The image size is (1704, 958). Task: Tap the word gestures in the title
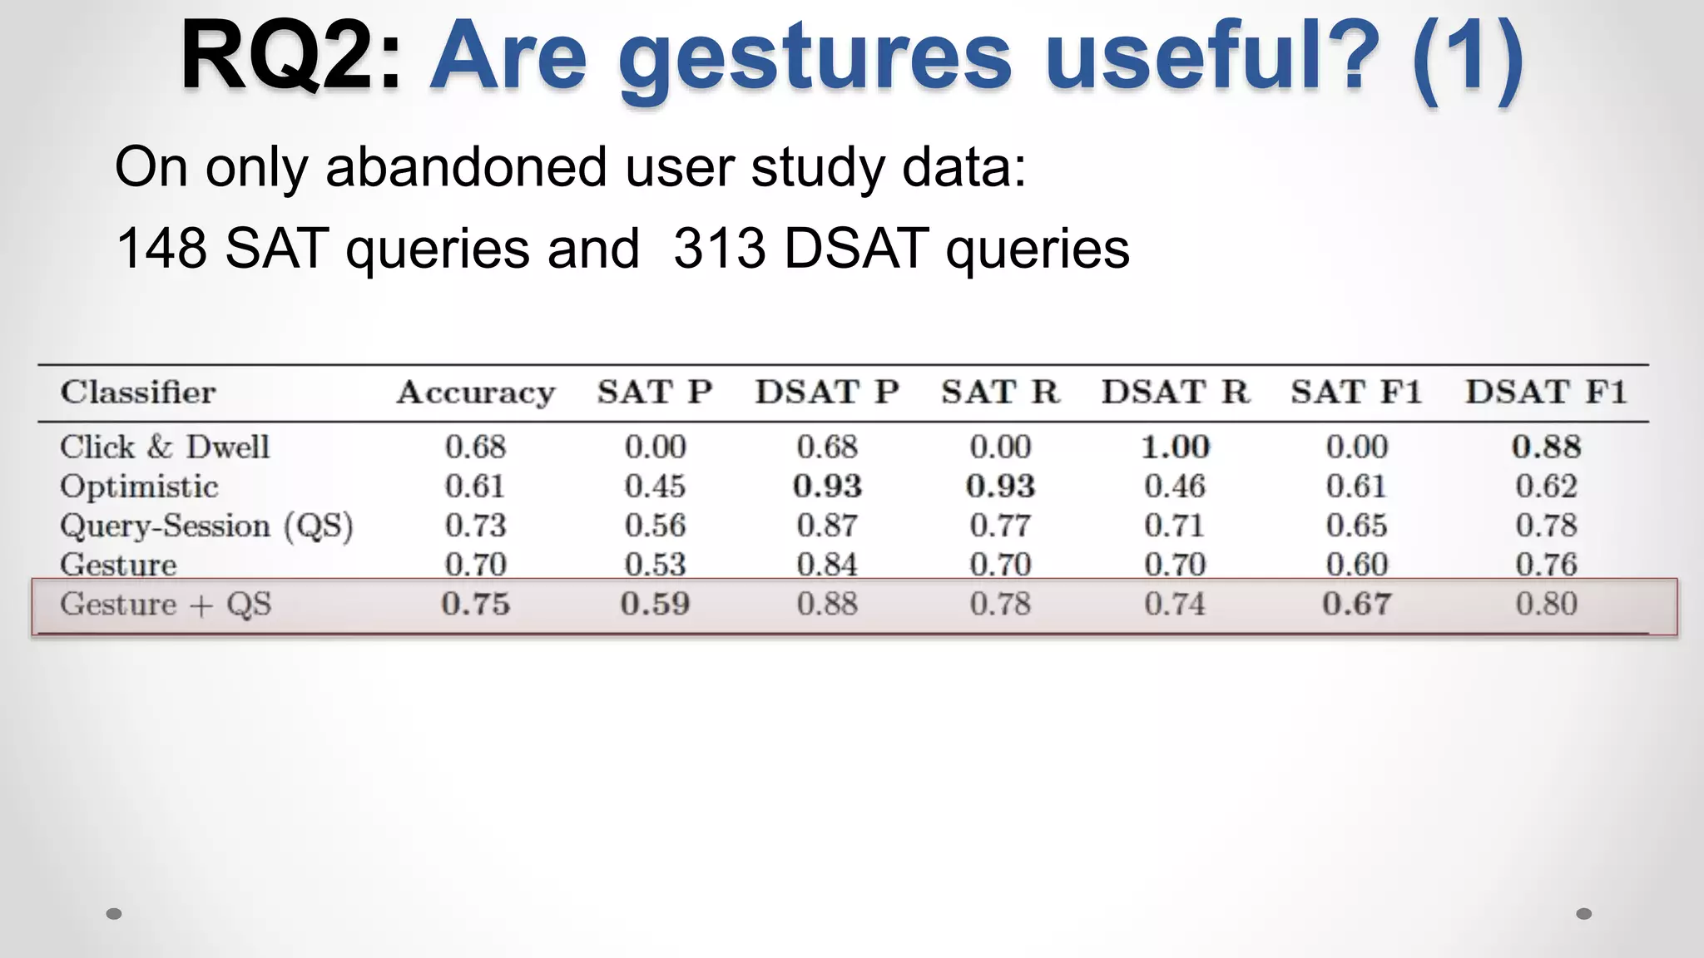point(815,60)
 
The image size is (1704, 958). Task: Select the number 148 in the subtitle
point(161,248)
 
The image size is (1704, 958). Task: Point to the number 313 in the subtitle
point(719,248)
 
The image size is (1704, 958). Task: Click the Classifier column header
point(137,392)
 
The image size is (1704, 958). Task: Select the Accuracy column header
point(476,393)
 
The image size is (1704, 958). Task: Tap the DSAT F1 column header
point(1545,392)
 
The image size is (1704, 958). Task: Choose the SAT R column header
point(1000,392)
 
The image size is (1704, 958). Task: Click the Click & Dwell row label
point(165,447)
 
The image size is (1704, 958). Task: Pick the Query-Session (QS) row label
point(206,526)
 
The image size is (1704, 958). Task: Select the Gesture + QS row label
point(166,605)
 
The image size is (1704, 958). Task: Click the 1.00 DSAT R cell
point(1174,447)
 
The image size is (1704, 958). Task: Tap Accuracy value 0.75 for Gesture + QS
point(475,604)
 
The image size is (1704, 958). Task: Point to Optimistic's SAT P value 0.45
point(655,486)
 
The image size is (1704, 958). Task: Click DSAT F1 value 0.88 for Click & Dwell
point(1545,447)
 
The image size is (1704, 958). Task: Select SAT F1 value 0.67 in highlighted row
point(1356,604)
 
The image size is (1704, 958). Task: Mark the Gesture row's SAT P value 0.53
point(655,565)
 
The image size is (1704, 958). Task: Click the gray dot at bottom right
point(1583,913)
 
